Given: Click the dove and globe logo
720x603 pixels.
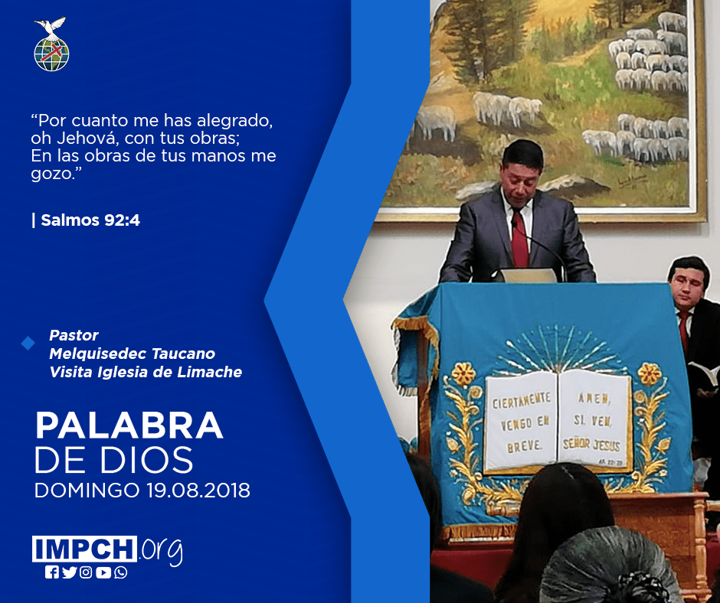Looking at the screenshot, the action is pos(51,44).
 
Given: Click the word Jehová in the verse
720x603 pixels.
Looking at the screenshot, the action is pos(86,139).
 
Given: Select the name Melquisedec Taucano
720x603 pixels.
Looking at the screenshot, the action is pos(133,354).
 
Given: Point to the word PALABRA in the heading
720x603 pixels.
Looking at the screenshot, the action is pos(129,426).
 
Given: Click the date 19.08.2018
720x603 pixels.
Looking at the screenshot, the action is pos(198,490).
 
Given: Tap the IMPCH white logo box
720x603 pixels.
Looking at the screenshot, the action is pos(84,549).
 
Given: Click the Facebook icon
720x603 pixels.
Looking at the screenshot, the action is pos(52,572).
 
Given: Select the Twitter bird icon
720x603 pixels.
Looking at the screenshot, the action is pos(69,572).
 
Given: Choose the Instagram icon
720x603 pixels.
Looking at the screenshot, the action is pos(86,572).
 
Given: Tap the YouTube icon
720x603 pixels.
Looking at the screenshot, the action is pos(103,572).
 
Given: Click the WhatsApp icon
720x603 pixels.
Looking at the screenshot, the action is pos(121,572).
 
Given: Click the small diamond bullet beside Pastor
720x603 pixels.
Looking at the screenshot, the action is pos(28,344).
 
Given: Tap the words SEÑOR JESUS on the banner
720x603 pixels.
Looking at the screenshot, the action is pos(591,445).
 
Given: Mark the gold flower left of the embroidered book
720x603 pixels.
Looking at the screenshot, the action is pos(463,374).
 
